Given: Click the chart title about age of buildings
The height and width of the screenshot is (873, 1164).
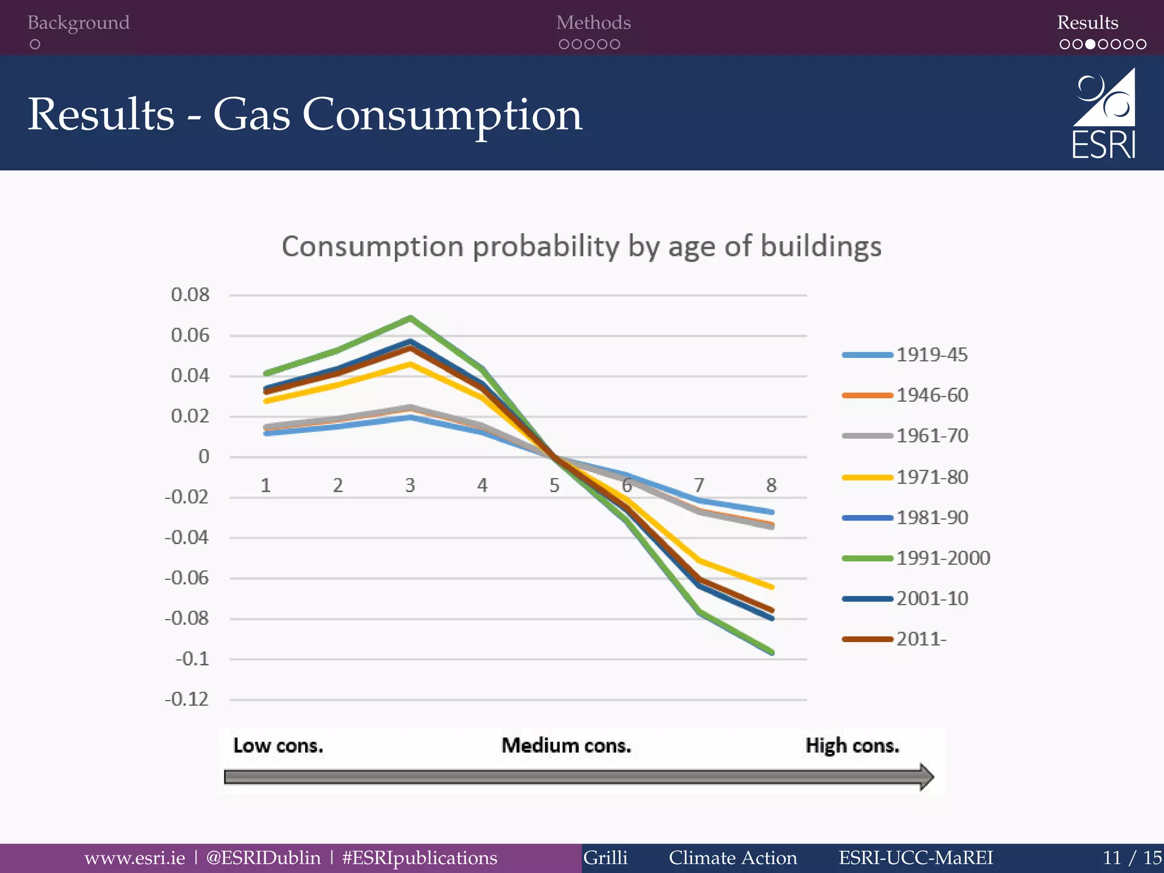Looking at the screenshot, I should (581, 247).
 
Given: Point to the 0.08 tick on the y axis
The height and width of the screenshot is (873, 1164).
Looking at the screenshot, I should (190, 294).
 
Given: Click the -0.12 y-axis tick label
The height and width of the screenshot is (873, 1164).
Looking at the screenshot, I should (186, 699).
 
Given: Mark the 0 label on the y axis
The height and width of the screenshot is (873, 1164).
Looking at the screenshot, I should (203, 456).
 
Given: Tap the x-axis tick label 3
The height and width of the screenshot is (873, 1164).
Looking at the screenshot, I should (410, 485).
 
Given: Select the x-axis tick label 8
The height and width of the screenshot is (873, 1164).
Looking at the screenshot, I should (771, 485).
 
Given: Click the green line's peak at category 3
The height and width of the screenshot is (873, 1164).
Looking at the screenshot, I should (410, 318).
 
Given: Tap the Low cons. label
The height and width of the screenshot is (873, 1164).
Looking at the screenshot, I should (278, 745).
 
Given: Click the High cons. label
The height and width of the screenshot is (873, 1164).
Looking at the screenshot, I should (852, 745).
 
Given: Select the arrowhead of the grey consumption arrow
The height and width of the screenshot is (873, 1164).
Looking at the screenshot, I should (926, 777).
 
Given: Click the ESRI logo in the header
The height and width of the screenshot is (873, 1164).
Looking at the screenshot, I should (1104, 114).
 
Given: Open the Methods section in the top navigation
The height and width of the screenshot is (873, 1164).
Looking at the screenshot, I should (593, 23).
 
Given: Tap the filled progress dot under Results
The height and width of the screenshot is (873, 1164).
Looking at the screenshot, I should (1090, 44).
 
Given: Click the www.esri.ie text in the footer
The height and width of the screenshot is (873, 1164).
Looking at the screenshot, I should (135, 858).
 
